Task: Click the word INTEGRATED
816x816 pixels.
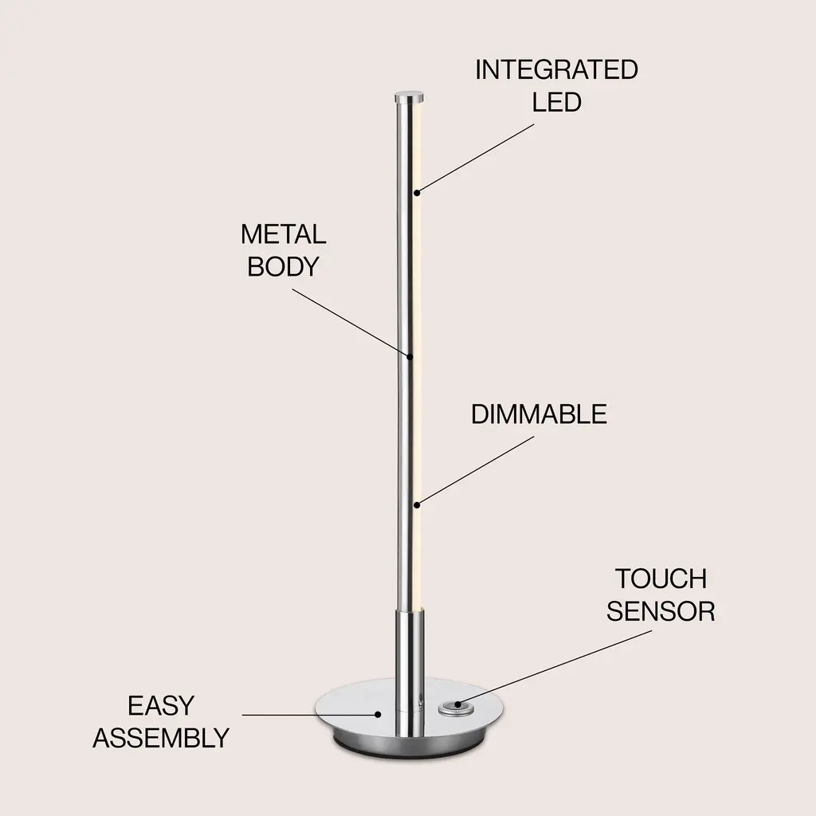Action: tap(556, 70)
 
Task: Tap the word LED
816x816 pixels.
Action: tap(556, 101)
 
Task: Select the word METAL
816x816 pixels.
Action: tap(283, 235)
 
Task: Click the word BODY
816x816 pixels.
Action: tap(283, 266)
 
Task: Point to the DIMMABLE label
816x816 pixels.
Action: tap(539, 414)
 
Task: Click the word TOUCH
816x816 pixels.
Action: tap(661, 579)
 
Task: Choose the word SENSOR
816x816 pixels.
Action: tap(661, 611)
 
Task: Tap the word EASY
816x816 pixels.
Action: tap(161, 706)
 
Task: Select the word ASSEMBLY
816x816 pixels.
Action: tap(161, 738)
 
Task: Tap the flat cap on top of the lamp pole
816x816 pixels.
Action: tap(409, 98)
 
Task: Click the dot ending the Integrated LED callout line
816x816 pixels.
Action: tap(417, 193)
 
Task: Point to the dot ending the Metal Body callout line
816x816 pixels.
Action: tap(410, 356)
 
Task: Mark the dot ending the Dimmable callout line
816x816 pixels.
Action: tap(417, 504)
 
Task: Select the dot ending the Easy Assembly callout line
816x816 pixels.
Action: tap(379, 715)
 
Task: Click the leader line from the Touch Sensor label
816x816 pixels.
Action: tap(555, 669)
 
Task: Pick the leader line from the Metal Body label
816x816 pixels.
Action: tap(351, 324)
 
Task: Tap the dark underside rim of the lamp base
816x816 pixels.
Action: tap(409, 745)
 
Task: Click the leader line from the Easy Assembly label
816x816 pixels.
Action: tap(310, 715)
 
